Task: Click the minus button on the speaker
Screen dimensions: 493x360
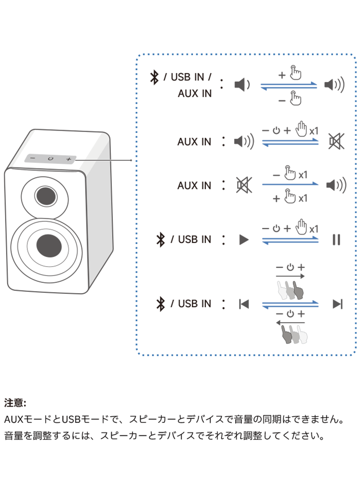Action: point(32,158)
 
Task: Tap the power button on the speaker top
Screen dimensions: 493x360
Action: point(50,159)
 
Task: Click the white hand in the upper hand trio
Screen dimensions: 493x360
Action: point(283,291)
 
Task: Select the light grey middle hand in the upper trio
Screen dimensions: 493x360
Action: point(290,291)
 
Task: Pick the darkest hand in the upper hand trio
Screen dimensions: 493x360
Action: point(298,291)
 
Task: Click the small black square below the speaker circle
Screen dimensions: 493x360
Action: point(23,374)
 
